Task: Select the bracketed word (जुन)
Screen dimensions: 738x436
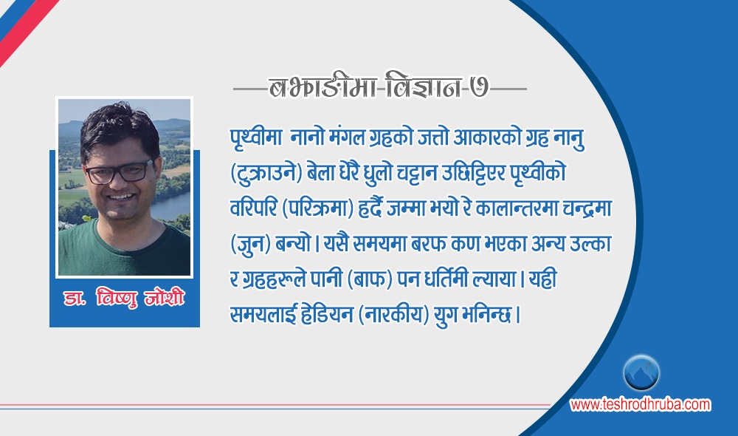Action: pos(250,245)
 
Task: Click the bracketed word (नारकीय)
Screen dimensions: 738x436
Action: pos(394,315)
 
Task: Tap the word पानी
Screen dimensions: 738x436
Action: pos(325,279)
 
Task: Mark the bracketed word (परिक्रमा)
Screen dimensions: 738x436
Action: pos(317,209)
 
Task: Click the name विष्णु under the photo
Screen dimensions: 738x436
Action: pos(117,298)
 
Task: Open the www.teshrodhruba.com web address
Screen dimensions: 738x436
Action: pos(640,404)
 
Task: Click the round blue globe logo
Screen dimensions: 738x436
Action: pos(641,372)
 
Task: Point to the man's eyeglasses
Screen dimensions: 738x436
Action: pos(120,172)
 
